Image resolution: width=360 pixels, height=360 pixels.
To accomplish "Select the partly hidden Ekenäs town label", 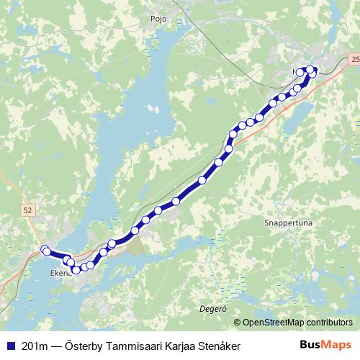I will (59, 274).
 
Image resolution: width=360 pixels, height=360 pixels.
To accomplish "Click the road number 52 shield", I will (27, 210).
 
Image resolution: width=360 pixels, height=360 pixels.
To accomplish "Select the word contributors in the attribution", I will (330, 323).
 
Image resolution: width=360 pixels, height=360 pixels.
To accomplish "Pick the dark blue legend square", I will (10, 346).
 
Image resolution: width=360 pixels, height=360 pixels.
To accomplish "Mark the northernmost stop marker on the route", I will (310, 69).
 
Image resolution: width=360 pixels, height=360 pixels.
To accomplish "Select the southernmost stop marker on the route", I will (76, 270).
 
